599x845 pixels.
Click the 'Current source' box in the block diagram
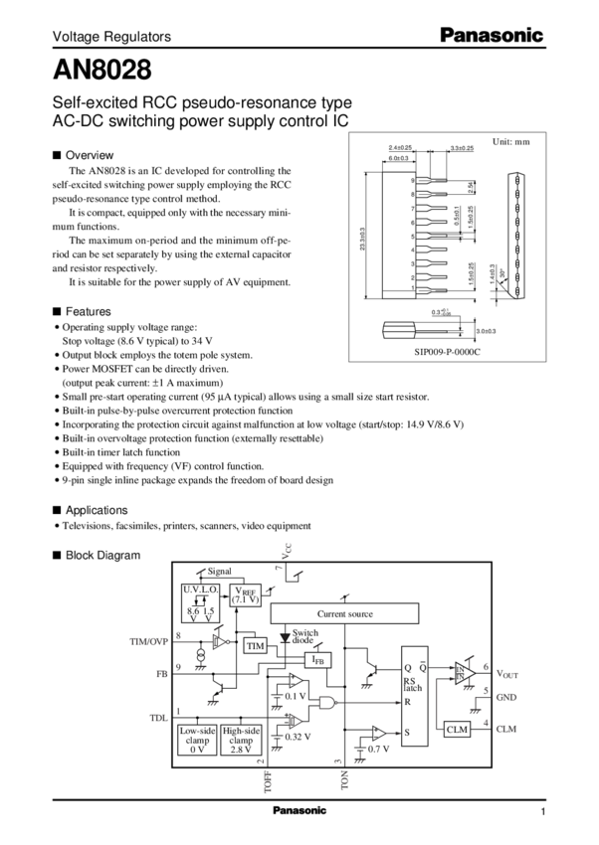pyautogui.click(x=344, y=613)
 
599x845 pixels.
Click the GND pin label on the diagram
pyautogui.click(x=505, y=699)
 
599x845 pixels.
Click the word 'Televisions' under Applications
pyautogui.click(x=84, y=525)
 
